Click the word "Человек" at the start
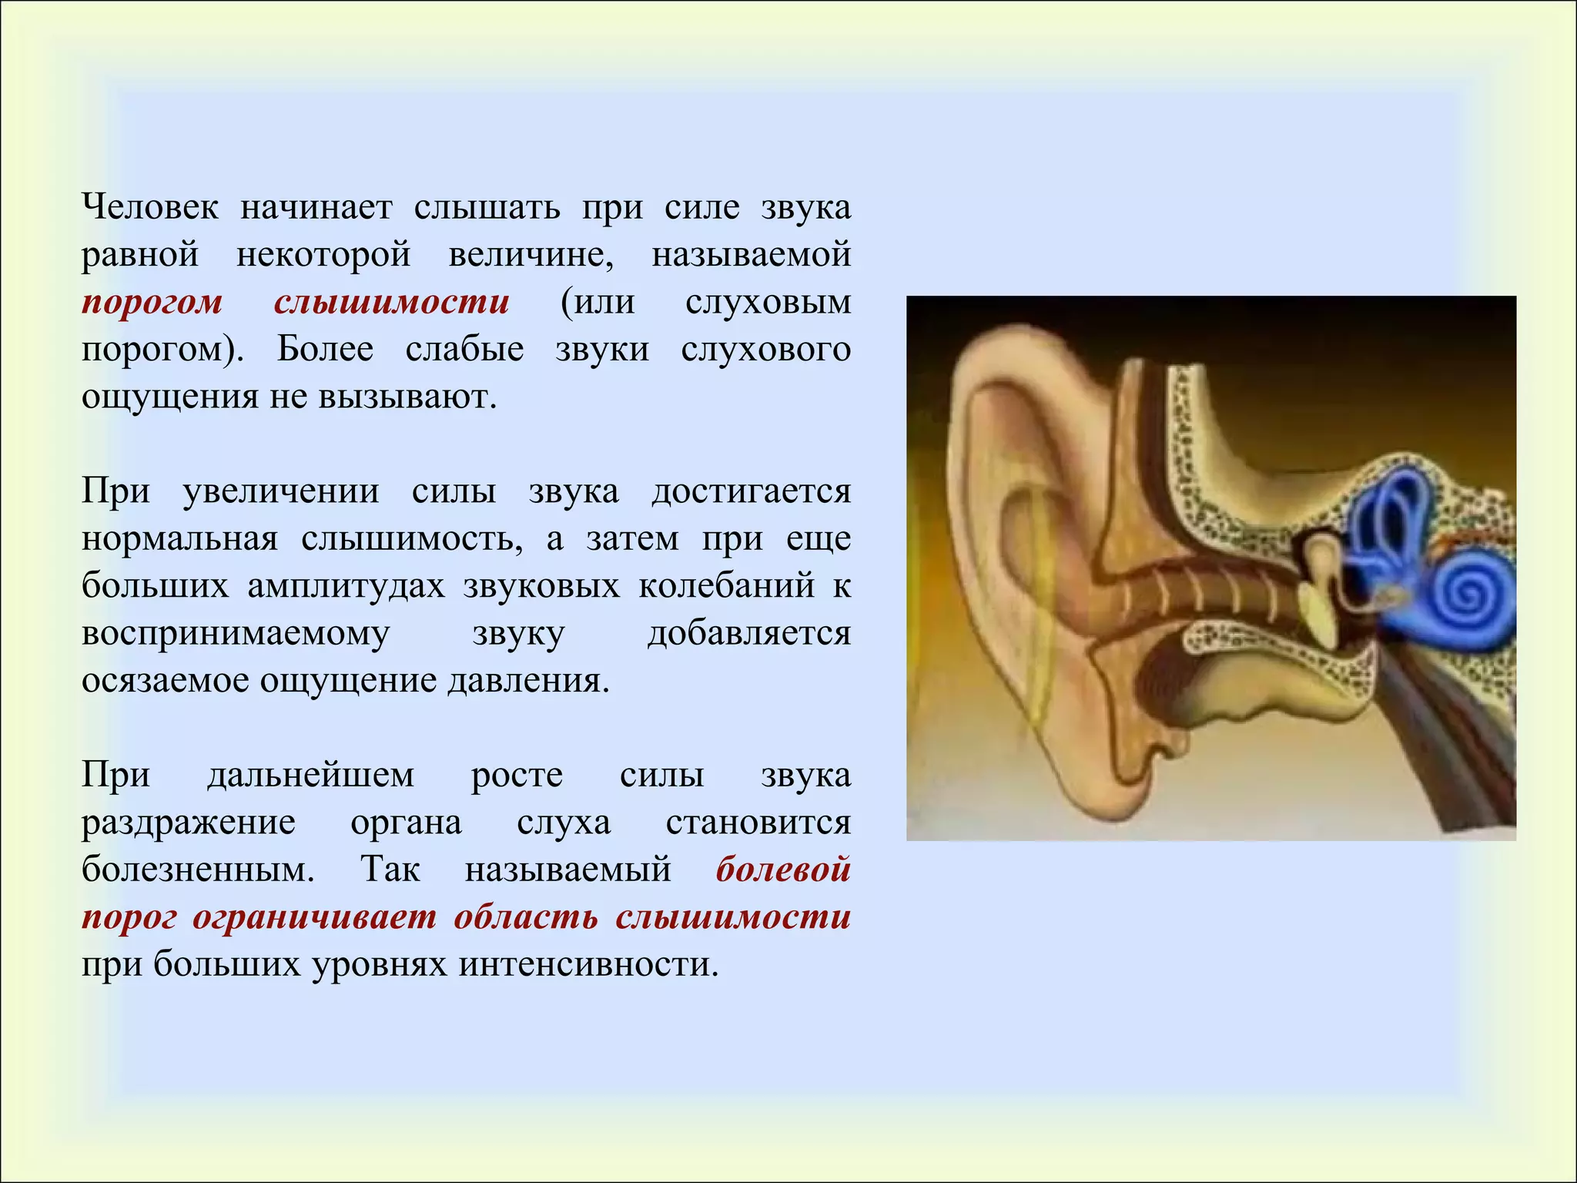pyautogui.click(x=150, y=206)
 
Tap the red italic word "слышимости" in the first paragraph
pyautogui.click(x=391, y=302)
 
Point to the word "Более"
pyautogui.click(x=325, y=349)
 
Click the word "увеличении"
pyautogui.click(x=280, y=491)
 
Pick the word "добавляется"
pyautogui.click(x=749, y=633)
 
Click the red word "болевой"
pyautogui.click(x=783, y=870)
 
